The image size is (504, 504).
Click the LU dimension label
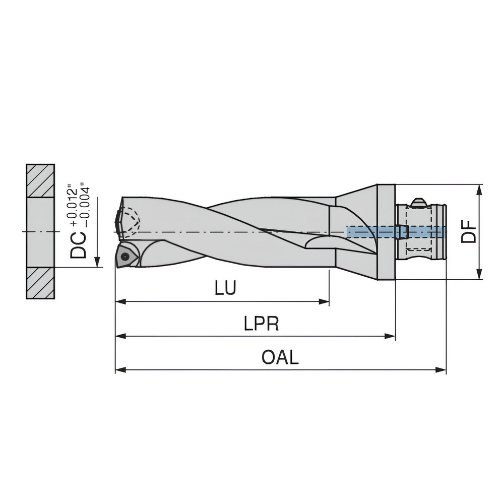tap(225, 288)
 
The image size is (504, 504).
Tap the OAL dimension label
tap(280, 357)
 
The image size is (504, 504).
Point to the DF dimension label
tap(469, 231)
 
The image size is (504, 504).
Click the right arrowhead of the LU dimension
tap(325, 302)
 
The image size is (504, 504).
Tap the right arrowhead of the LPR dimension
tap(391, 336)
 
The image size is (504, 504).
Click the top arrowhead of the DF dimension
tap(479, 189)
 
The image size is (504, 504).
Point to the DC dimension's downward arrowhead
tap(97, 262)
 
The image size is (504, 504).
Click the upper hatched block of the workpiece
tap(41, 180)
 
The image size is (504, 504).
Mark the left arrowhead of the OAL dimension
tap(119, 370)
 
